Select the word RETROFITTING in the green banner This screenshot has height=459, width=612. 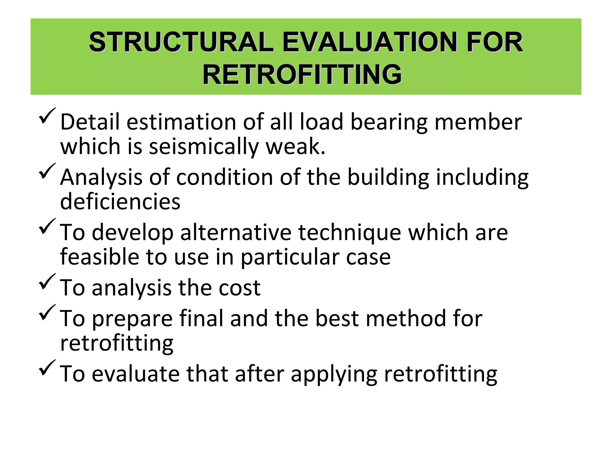click(302, 74)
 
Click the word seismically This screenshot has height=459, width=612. click(204, 147)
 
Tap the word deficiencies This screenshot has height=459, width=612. click(120, 201)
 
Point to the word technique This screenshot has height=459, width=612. click(350, 232)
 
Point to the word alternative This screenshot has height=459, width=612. click(236, 232)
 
